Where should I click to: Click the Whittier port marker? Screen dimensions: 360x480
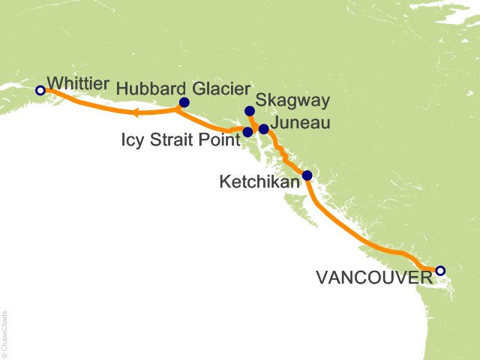click(x=40, y=90)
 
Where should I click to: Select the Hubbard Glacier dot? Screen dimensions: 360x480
click(x=184, y=103)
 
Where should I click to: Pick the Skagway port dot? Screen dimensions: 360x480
click(x=250, y=111)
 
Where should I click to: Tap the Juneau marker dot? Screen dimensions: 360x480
click(x=263, y=128)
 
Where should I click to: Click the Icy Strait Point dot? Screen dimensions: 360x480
click(x=247, y=132)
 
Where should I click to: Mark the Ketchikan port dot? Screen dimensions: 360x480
click(x=307, y=175)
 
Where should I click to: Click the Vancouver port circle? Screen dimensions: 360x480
click(x=440, y=271)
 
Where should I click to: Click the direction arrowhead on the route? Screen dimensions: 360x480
click(x=136, y=114)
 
